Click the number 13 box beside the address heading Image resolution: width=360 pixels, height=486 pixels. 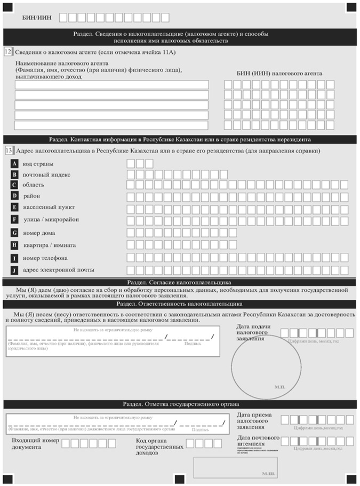(x=9, y=151)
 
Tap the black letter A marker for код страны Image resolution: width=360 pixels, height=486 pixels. (x=15, y=164)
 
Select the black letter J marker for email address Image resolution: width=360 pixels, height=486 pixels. (x=15, y=269)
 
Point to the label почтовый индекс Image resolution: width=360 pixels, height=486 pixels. (x=47, y=174)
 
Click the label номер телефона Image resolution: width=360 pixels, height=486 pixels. (x=45, y=258)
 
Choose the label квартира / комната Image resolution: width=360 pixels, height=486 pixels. (x=49, y=245)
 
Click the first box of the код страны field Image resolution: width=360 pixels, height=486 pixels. (x=131, y=163)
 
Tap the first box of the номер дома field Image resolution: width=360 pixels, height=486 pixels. (x=131, y=233)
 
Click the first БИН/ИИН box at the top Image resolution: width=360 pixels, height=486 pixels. (x=63, y=17)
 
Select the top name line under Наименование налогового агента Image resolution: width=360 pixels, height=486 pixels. (x=111, y=85)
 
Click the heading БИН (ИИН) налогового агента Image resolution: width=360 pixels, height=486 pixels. (x=279, y=74)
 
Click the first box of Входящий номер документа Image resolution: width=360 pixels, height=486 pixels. (x=65, y=443)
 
